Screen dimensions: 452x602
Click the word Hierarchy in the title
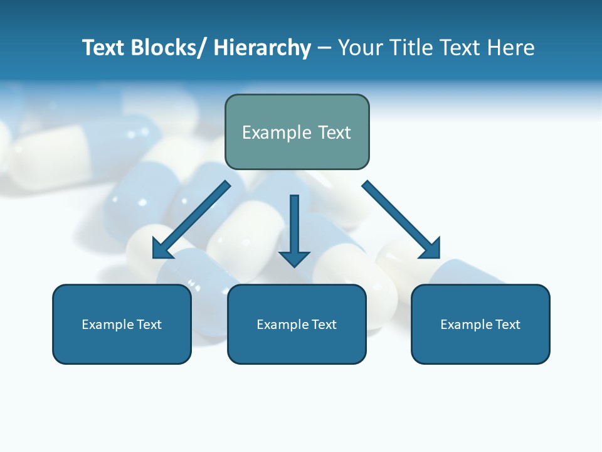pyautogui.click(x=262, y=48)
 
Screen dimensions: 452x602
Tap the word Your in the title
pyautogui.click(x=359, y=48)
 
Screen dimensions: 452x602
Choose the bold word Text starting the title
pyautogui.click(x=104, y=48)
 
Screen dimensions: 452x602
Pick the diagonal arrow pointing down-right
pyautogui.click(x=402, y=220)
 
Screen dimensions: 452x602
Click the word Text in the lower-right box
pyautogui.click(x=507, y=325)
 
